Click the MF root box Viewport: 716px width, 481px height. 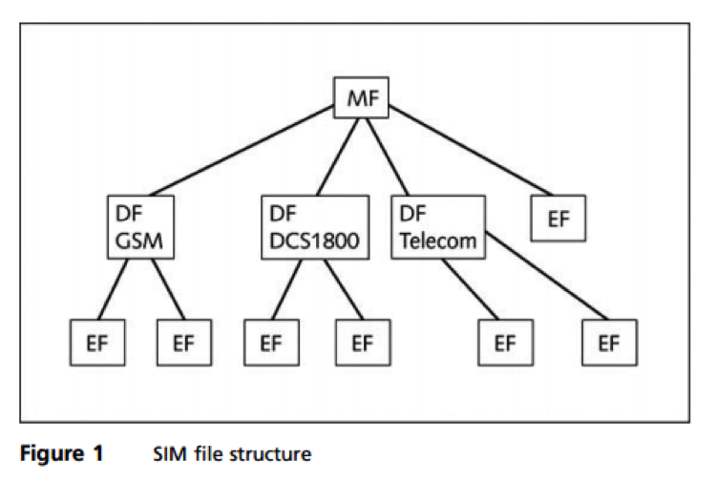point(361,97)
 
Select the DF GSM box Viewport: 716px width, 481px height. point(138,226)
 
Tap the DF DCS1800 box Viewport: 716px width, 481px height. point(313,226)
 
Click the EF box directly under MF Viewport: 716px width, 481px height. point(558,218)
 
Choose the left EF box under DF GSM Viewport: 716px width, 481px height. point(98,343)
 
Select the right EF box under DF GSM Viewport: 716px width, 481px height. point(184,343)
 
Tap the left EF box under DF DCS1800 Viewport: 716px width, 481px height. point(272,343)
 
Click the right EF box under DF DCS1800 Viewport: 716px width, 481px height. point(360,343)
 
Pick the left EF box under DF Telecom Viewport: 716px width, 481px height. point(502,343)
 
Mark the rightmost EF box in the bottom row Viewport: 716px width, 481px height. point(607,343)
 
